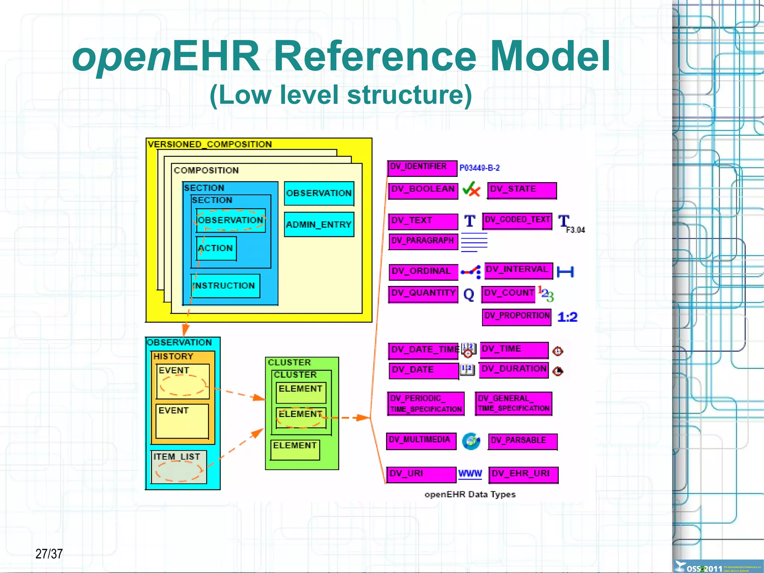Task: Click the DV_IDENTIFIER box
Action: [x=422, y=168]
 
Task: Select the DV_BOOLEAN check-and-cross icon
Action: [x=471, y=190]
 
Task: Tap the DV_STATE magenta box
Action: [x=522, y=190]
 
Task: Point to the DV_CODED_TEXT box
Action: [x=517, y=221]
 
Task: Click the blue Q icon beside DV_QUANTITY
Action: [x=469, y=295]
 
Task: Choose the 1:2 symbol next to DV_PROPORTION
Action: [x=567, y=317]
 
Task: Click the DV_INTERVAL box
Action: [x=519, y=271]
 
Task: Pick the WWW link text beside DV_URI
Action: [x=470, y=474]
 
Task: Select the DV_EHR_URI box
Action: [x=523, y=474]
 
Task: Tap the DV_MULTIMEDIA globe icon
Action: [x=471, y=441]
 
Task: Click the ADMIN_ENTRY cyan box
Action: [x=319, y=224]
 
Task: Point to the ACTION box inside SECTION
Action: [x=216, y=248]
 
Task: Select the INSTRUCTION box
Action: [x=225, y=286]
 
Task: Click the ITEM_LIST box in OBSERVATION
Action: [x=179, y=467]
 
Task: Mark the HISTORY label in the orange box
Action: [x=173, y=356]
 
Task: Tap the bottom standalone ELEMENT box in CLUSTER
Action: [x=295, y=450]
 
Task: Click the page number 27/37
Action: [x=49, y=554]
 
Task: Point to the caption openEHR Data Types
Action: [x=470, y=494]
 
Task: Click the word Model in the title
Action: [x=549, y=57]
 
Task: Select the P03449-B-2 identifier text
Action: [x=479, y=168]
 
